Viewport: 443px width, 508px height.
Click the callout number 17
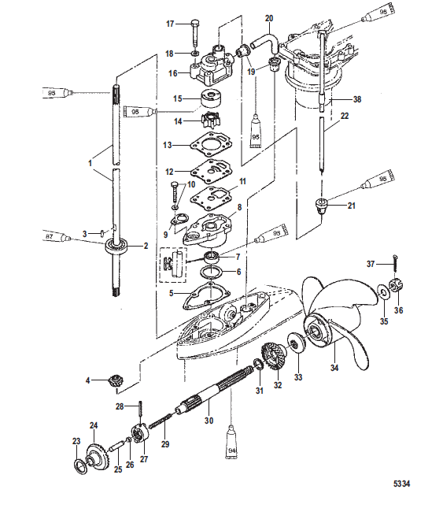click(x=170, y=24)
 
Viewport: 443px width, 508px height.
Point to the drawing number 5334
click(x=401, y=484)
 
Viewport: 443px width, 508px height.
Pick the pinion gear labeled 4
click(x=113, y=380)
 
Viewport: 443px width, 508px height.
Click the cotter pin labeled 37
click(x=396, y=265)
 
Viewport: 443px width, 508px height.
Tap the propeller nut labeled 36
click(x=396, y=286)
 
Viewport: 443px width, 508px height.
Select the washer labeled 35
click(x=383, y=292)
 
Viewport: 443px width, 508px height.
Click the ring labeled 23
click(x=80, y=468)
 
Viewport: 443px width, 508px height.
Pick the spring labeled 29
click(x=159, y=421)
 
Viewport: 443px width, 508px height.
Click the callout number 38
click(x=357, y=99)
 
